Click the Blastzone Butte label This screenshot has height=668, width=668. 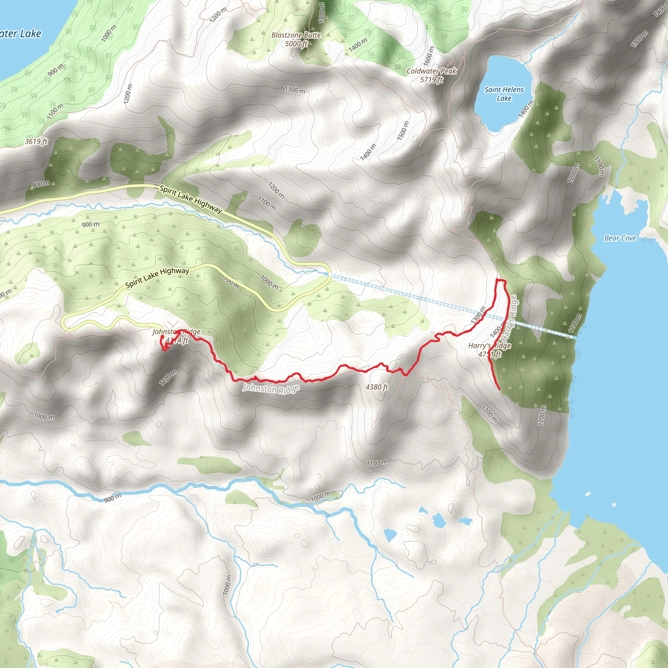pyautogui.click(x=296, y=35)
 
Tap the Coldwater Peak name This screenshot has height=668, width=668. pyautogui.click(x=431, y=71)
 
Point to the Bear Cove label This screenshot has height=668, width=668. pyautogui.click(x=620, y=238)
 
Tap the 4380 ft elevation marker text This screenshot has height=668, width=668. pyautogui.click(x=377, y=387)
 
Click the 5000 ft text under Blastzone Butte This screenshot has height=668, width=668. pyautogui.click(x=296, y=44)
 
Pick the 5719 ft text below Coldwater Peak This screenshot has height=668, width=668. pyautogui.click(x=431, y=80)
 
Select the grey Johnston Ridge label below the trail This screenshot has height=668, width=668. pyautogui.click(x=271, y=388)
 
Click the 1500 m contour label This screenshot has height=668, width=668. pyautogui.click(x=402, y=131)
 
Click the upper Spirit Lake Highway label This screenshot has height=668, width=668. pyautogui.click(x=190, y=199)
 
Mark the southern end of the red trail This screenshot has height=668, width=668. pyautogui.click(x=500, y=389)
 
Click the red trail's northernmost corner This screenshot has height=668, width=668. pyautogui.click(x=497, y=279)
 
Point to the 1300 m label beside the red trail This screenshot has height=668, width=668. pyautogui.click(x=478, y=315)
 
